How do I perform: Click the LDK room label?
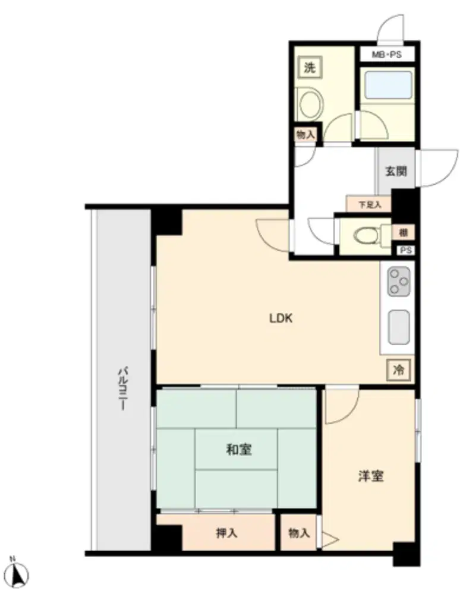(x=281, y=318)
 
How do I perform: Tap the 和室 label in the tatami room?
(x=239, y=450)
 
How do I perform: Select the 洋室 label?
(x=371, y=476)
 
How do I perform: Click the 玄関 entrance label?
(x=396, y=171)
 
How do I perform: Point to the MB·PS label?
(x=386, y=55)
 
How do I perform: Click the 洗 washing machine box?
(x=310, y=68)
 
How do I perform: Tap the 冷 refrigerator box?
(x=398, y=369)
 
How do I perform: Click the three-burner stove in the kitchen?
(x=399, y=282)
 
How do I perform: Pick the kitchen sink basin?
(x=399, y=327)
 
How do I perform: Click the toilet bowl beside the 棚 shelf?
(x=367, y=235)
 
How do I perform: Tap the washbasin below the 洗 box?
(x=309, y=103)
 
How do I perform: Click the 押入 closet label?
(x=226, y=533)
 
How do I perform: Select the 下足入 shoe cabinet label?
(x=370, y=205)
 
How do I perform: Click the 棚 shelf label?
(x=404, y=233)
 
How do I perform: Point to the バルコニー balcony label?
(x=122, y=388)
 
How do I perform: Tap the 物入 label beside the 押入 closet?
(x=299, y=533)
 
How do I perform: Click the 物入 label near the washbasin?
(x=306, y=134)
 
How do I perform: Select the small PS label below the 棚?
(x=406, y=251)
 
